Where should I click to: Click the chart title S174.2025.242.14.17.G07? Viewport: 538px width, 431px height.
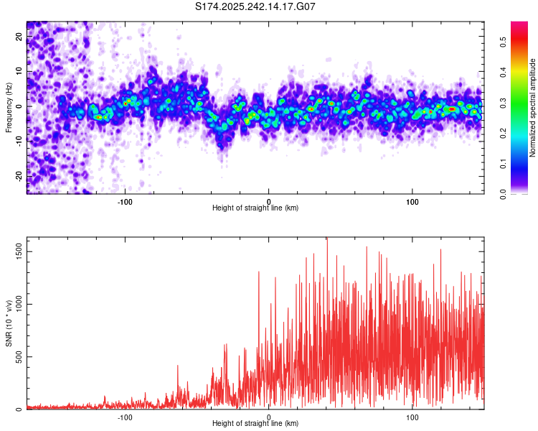pyautogui.click(x=256, y=6)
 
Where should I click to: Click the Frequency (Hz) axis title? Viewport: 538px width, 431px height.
pyautogui.click(x=9, y=107)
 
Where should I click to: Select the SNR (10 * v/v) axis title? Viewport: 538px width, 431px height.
pyautogui.click(x=9, y=323)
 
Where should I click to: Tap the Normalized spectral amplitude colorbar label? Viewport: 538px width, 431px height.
pyautogui.click(x=533, y=108)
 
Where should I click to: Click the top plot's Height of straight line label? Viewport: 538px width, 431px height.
pyautogui.click(x=255, y=208)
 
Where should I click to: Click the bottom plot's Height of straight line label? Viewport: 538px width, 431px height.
pyautogui.click(x=255, y=423)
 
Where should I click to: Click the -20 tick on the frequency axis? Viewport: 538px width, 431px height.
pyautogui.click(x=19, y=176)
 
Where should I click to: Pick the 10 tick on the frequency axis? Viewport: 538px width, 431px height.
pyautogui.click(x=19, y=72)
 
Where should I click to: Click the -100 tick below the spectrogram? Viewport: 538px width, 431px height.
pyautogui.click(x=126, y=201)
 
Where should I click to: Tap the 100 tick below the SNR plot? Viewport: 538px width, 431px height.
pyautogui.click(x=412, y=417)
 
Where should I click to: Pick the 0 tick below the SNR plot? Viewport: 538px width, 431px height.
pyautogui.click(x=269, y=417)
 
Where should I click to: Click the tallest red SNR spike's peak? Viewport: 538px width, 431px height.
pyautogui.click(x=327, y=239)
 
